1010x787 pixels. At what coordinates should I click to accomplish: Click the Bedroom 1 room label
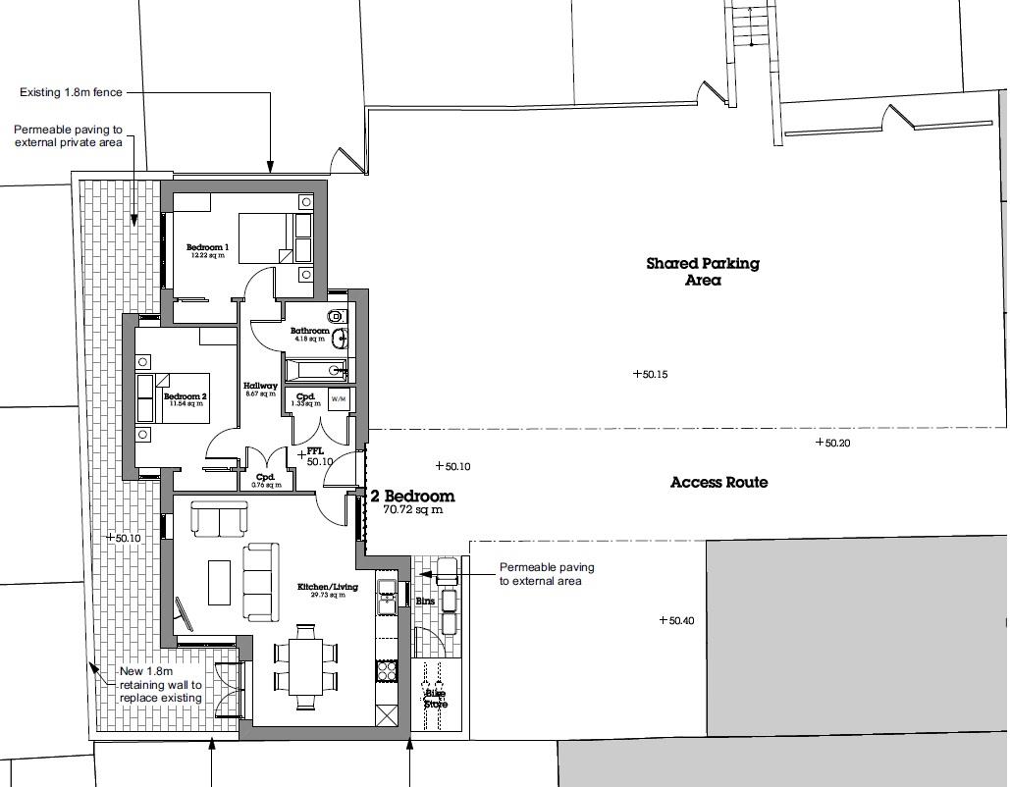[207, 247]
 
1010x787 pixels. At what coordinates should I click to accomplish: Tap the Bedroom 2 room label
[186, 396]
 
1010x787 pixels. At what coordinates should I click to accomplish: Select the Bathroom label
[310, 331]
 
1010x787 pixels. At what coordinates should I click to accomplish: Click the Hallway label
[260, 386]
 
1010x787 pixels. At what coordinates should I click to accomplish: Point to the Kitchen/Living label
[327, 587]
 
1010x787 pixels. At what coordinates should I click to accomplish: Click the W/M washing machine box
[339, 399]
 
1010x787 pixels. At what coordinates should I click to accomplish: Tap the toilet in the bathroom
[337, 317]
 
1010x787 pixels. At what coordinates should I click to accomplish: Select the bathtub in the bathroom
[317, 370]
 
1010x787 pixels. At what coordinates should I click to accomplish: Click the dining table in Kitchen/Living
[305, 666]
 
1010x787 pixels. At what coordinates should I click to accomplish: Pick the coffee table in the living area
[220, 582]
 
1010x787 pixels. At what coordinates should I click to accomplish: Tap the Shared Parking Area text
[703, 271]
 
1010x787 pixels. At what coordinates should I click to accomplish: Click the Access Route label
[718, 483]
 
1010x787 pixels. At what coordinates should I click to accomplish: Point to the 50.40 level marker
[677, 620]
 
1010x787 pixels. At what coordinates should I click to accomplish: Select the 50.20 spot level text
[833, 443]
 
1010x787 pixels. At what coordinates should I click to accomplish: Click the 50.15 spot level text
[651, 374]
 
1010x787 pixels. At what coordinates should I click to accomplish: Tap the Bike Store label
[436, 699]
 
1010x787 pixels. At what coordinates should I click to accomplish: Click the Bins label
[425, 601]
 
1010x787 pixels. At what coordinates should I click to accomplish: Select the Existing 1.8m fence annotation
[71, 92]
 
